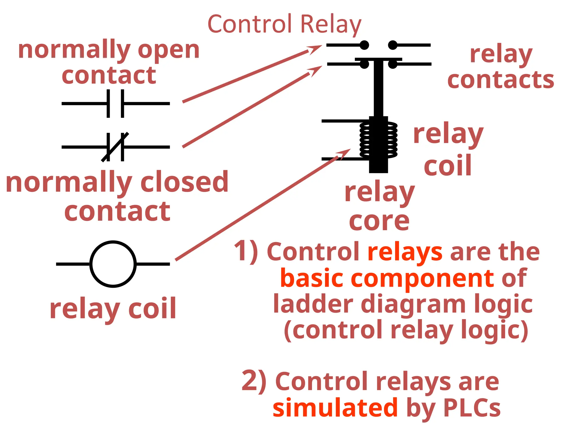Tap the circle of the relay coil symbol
click(113, 264)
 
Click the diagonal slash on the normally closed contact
click(115, 147)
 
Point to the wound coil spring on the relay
click(378, 140)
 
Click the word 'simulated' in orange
click(335, 408)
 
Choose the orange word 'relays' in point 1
click(405, 252)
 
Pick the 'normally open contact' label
click(109, 63)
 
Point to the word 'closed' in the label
click(184, 182)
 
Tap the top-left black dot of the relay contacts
click(364, 45)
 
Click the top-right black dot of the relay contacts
click(393, 45)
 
